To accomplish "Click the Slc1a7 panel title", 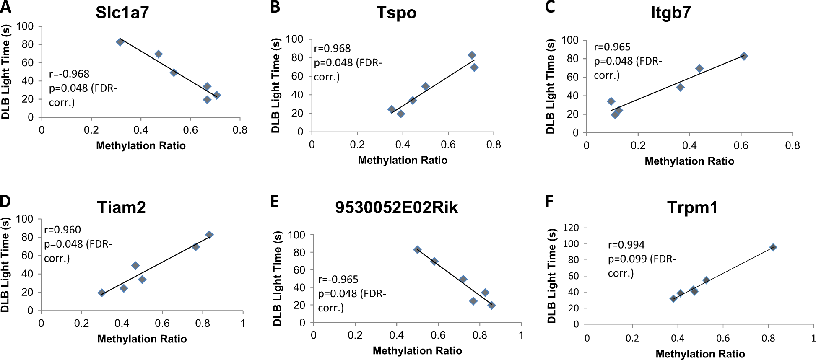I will click(122, 13).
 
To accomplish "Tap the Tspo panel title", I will click(396, 13).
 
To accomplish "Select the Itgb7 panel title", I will click(670, 13).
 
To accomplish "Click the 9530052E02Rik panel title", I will click(396, 207).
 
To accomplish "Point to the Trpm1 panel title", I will click(692, 207).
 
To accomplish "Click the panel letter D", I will click(5, 201).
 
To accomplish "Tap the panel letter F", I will click(549, 202).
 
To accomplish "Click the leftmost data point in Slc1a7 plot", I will click(120, 42).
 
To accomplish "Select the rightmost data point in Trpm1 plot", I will click(773, 247).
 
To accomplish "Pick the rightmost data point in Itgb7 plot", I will click(744, 56).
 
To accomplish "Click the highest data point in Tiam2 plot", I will click(209, 235).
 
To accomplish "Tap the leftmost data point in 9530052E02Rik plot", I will click(417, 250).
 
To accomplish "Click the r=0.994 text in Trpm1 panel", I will click(626, 245).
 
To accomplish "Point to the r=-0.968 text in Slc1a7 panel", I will click(69, 74).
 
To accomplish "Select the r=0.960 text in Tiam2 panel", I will click(62, 230).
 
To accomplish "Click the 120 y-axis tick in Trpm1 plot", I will click(571, 228).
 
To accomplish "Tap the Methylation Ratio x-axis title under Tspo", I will click(403, 160).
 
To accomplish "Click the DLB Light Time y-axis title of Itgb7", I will click(550, 86).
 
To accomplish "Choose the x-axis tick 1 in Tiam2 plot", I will click(243, 324).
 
